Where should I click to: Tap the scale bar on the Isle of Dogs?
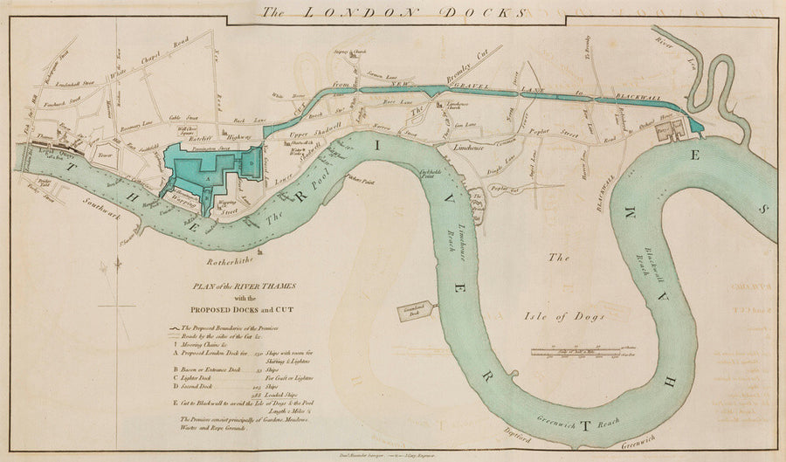(576, 352)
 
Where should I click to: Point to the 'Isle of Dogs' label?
(572, 316)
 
